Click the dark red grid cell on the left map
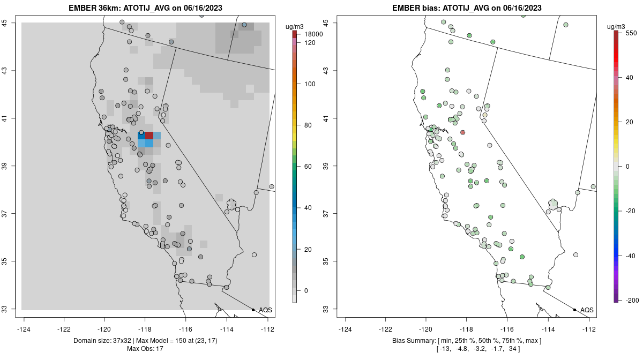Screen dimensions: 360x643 coord(149,136)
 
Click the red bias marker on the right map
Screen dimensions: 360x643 coord(462,132)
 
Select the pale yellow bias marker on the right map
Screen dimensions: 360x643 coord(484,115)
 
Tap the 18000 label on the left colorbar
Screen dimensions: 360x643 coord(312,34)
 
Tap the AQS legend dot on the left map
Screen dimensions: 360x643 coord(253,310)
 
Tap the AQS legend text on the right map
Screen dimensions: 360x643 coord(587,310)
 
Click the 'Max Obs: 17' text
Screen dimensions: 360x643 coord(145,349)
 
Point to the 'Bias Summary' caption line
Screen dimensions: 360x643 coord(466,341)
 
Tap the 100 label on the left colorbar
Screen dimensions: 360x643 coord(310,84)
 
